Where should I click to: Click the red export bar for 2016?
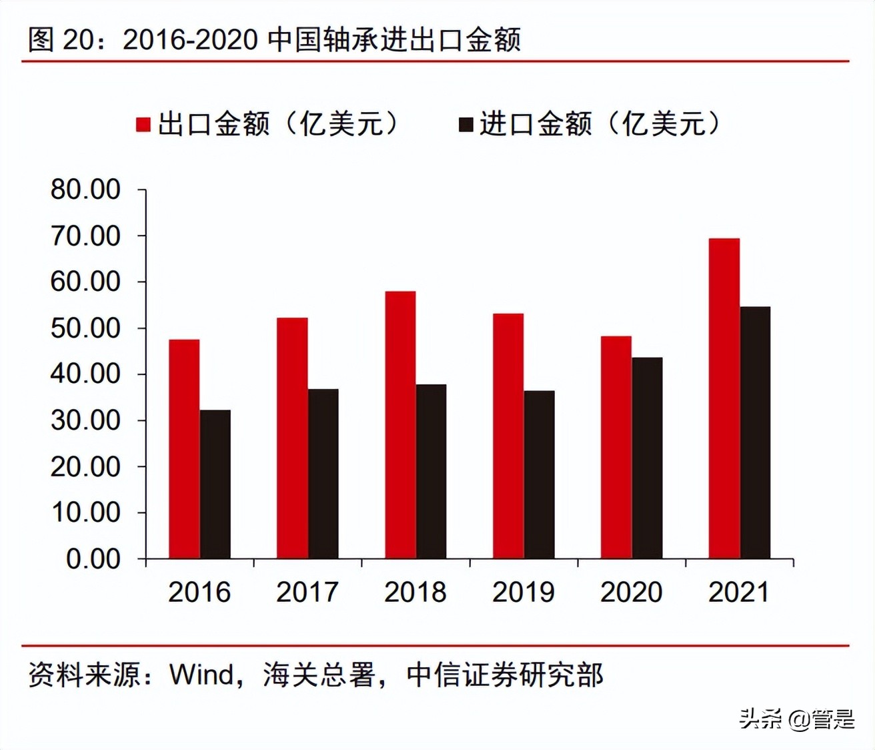point(184,448)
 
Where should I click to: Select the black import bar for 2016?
point(215,484)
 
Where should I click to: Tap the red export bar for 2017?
point(292,438)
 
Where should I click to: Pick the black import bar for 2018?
point(431,471)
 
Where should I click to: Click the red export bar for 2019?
point(508,436)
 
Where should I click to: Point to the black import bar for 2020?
point(647,458)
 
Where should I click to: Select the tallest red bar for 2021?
point(724,398)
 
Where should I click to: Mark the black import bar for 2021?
point(755,432)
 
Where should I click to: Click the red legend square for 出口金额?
point(143,125)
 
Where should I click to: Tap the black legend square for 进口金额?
point(466,125)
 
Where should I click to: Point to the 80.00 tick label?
point(85,190)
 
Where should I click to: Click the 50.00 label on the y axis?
point(85,328)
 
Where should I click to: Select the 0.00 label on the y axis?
point(93,558)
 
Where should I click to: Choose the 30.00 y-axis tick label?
point(85,420)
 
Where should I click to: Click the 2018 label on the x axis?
point(415,592)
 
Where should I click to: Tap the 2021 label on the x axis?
point(739,592)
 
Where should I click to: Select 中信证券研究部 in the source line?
point(505,675)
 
